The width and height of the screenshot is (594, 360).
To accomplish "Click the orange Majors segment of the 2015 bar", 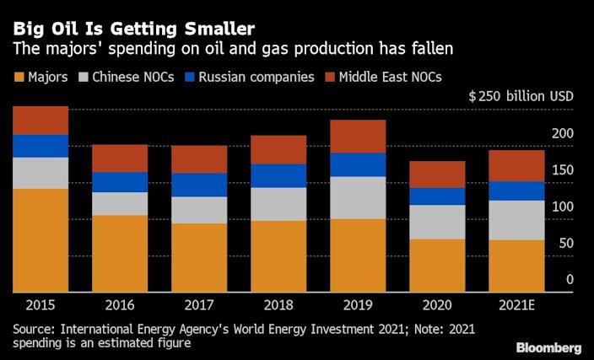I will click(40, 240).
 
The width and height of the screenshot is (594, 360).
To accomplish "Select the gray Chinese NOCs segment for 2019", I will click(358, 197).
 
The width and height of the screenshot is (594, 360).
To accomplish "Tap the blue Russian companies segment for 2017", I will click(198, 185).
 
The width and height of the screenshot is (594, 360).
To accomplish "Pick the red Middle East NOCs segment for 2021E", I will click(517, 165).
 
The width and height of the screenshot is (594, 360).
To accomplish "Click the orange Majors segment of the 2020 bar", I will click(438, 266).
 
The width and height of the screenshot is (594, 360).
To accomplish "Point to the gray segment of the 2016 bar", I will click(119, 203).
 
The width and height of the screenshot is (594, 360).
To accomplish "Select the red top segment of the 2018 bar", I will click(278, 149).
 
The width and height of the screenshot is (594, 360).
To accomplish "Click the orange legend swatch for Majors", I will click(20, 78).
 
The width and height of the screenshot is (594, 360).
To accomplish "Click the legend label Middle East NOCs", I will click(391, 78).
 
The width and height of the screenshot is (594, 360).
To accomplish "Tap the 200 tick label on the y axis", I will click(563, 134).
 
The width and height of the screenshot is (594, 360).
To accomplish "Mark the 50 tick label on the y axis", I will click(566, 243).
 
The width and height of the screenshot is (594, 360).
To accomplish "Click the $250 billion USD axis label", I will click(521, 96).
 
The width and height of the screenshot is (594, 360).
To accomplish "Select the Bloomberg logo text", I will click(548, 347).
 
